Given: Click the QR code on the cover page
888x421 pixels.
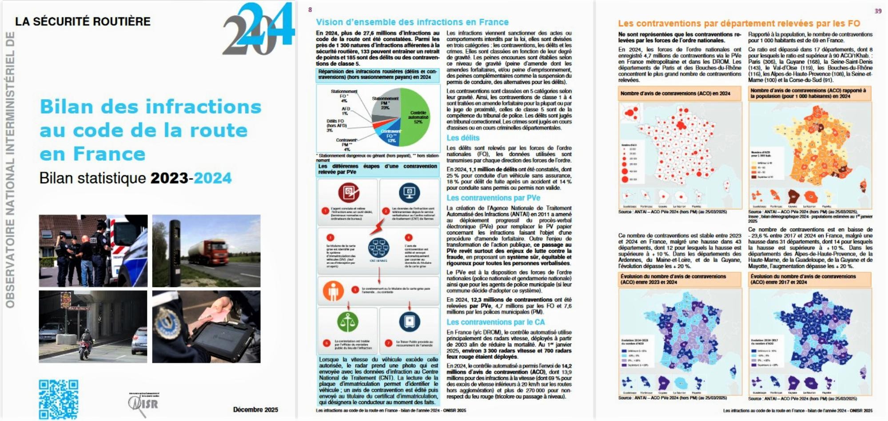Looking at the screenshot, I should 58,399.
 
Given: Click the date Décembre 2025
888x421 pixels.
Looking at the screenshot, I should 255,409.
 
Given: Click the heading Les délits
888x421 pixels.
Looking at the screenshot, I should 463,138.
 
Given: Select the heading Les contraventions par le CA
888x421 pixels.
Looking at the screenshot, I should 495,322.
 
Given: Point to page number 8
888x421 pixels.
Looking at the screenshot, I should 310,10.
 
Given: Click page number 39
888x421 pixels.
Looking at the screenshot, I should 878,11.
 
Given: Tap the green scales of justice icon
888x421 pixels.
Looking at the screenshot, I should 347,322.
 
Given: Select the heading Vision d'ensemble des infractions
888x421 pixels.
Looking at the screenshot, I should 412,22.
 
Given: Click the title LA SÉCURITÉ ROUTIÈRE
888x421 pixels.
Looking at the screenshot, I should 83,21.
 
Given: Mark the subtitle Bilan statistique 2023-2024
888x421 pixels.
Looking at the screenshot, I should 135,178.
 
